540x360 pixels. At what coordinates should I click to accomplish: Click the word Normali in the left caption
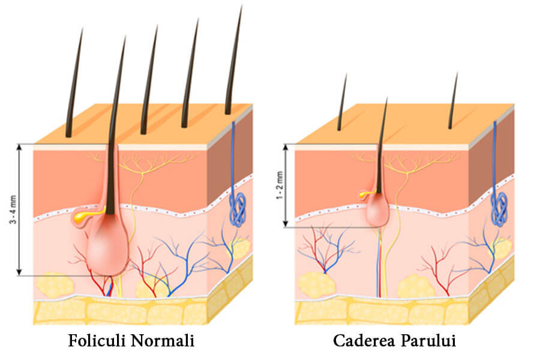pos(163,340)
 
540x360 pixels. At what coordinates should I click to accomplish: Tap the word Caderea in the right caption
pos(364,340)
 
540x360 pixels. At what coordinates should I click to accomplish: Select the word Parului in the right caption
pos(428,340)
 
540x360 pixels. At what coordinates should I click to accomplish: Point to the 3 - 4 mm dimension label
pos(13,209)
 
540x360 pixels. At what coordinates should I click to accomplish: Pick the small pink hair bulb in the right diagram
pos(377,214)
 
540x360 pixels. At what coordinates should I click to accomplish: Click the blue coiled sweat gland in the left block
pos(238,209)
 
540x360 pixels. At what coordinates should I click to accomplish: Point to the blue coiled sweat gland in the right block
pos(499,209)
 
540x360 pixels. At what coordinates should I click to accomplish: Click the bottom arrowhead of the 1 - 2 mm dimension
pos(285,224)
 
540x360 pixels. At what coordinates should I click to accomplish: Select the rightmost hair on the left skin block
pos(233,60)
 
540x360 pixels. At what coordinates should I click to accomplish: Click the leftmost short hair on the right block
pos(343,102)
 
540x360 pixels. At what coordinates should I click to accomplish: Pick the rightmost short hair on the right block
pos(453,101)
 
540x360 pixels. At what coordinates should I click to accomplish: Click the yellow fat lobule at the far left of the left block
pos(55,284)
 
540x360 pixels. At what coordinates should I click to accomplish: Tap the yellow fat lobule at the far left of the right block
pos(317,284)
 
